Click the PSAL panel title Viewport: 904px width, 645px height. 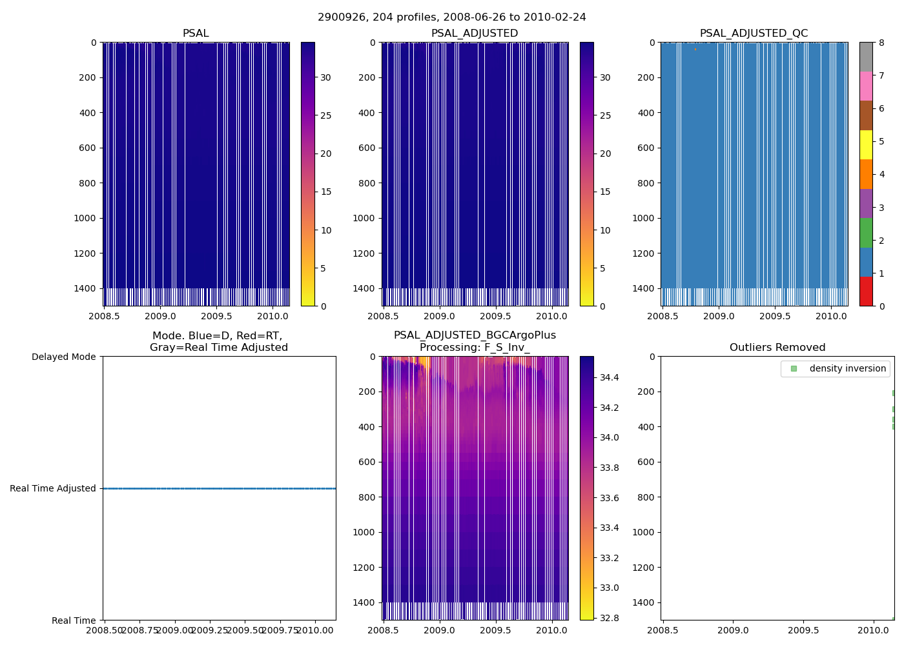[x=196, y=34]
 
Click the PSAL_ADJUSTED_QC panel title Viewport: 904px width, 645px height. [x=754, y=34]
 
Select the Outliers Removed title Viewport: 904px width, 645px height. [x=777, y=348]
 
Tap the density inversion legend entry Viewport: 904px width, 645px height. [x=847, y=368]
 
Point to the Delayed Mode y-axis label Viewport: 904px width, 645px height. [x=63, y=357]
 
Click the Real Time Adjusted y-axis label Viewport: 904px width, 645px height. [x=53, y=489]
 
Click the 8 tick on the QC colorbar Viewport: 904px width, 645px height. [x=881, y=43]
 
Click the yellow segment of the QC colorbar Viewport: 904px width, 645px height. [x=866, y=144]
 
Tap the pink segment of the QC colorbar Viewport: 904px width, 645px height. [x=866, y=86]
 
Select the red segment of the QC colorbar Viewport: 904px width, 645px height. [x=866, y=292]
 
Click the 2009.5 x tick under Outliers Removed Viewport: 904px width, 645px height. [x=803, y=630]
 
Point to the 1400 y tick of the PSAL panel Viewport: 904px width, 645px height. [x=85, y=288]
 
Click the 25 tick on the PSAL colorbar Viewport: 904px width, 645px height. [x=326, y=115]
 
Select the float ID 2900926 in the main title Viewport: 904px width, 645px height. [x=339, y=17]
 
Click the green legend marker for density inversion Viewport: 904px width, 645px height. [x=794, y=368]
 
